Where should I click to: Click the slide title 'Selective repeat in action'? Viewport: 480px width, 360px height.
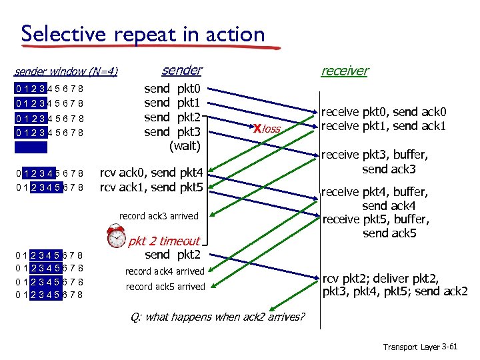pyautogui.click(x=143, y=33)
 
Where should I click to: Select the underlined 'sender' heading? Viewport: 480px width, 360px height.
pyautogui.click(x=182, y=70)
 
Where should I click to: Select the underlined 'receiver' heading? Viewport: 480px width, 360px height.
pyautogui.click(x=344, y=71)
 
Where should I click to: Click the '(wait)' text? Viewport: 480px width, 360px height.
pyautogui.click(x=185, y=145)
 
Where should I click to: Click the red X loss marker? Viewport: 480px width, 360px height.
pyautogui.click(x=257, y=128)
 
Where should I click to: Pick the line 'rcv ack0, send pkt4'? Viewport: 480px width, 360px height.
pyautogui.click(x=155, y=173)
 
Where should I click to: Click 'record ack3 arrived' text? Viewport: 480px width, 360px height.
pyautogui.click(x=159, y=216)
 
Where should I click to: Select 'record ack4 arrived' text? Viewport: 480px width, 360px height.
pyautogui.click(x=165, y=271)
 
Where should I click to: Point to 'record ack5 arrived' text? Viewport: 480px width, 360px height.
pyautogui.click(x=165, y=287)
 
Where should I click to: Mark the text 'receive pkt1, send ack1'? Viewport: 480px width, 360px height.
pyautogui.click(x=383, y=126)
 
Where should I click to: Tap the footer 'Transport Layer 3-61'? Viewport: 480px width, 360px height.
pyautogui.click(x=420, y=347)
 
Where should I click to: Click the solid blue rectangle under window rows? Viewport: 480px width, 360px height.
pyautogui.click(x=31, y=147)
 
